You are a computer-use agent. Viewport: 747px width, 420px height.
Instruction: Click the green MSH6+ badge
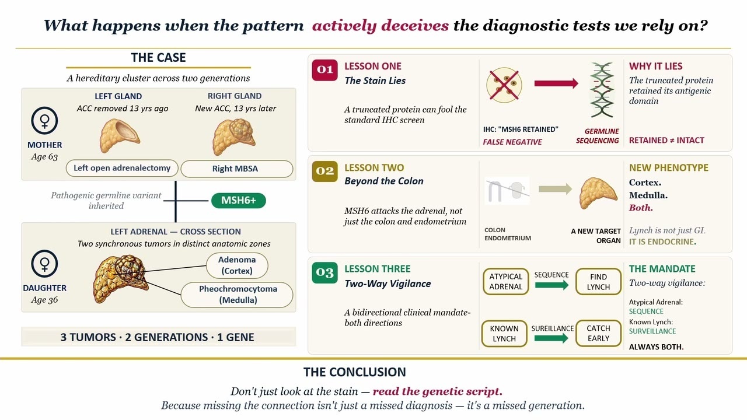[x=239, y=200]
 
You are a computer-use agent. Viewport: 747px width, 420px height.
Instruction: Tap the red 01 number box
[x=324, y=70]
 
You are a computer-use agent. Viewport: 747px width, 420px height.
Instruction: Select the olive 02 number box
[x=324, y=171]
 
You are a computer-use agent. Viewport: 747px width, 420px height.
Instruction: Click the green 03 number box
[x=324, y=272]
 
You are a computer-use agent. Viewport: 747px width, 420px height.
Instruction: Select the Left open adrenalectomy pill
[x=122, y=168]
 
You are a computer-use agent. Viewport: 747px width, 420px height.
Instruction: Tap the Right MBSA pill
[x=237, y=169]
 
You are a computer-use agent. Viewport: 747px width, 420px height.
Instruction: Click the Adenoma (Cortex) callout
[x=237, y=265]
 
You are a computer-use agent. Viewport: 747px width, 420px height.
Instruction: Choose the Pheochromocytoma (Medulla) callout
[x=237, y=295]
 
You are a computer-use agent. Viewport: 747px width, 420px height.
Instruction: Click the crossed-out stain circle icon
[x=504, y=85]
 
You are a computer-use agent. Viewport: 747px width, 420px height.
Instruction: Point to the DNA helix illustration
[x=602, y=90]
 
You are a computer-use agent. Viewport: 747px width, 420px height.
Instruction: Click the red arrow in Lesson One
[x=556, y=83]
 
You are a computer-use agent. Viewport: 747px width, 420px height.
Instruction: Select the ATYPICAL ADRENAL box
[x=505, y=282]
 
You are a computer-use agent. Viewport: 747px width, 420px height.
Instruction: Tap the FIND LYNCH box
[x=598, y=282]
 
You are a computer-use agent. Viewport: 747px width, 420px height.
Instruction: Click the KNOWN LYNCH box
[x=504, y=333]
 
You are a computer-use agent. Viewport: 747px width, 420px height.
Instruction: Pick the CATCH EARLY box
[x=598, y=333]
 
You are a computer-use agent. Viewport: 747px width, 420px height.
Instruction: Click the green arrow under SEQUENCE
[x=551, y=285]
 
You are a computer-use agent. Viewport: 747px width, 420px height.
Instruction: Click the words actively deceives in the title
[x=381, y=26]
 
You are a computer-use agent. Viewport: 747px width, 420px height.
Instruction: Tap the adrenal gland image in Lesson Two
[x=598, y=193]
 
